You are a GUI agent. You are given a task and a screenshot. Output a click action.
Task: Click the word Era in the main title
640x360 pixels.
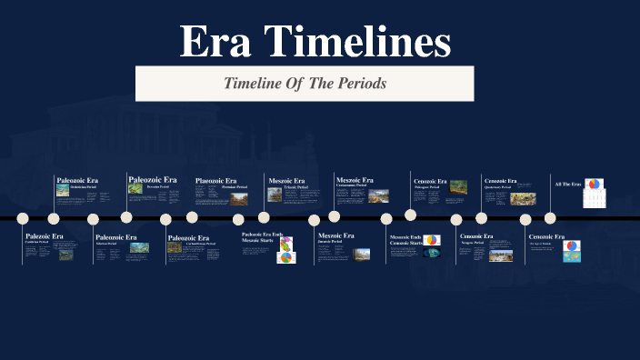pos(215,42)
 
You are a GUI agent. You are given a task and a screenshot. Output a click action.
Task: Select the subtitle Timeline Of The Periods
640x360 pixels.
pos(305,83)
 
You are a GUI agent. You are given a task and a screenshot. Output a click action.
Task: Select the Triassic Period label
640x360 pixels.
pos(296,187)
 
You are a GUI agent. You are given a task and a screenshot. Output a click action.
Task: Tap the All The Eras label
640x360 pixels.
pos(567,185)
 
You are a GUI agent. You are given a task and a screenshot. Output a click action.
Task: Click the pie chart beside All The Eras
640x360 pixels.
pos(593,185)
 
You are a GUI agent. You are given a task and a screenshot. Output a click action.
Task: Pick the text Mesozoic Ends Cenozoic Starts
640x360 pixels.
pos(405,240)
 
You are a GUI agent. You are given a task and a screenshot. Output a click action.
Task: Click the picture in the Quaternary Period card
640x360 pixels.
pos(522,198)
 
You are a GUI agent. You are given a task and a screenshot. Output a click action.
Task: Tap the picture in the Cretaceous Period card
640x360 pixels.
pos(378,195)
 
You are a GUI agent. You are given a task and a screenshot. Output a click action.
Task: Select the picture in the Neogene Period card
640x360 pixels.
pos(501,255)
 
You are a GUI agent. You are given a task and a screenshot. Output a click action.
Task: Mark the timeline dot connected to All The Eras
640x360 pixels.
pos(549,217)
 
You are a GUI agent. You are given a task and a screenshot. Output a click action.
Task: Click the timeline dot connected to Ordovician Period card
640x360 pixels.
pos(54,218)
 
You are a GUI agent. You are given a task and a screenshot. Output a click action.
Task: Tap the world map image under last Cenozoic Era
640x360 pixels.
pos(572,255)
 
